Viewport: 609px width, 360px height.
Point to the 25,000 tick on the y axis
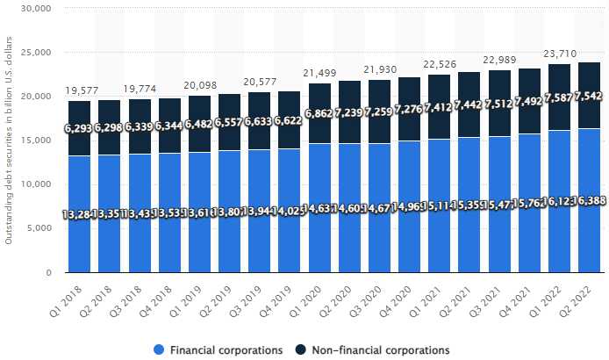tap(35, 53)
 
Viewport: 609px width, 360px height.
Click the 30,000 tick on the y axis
tap(35, 9)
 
